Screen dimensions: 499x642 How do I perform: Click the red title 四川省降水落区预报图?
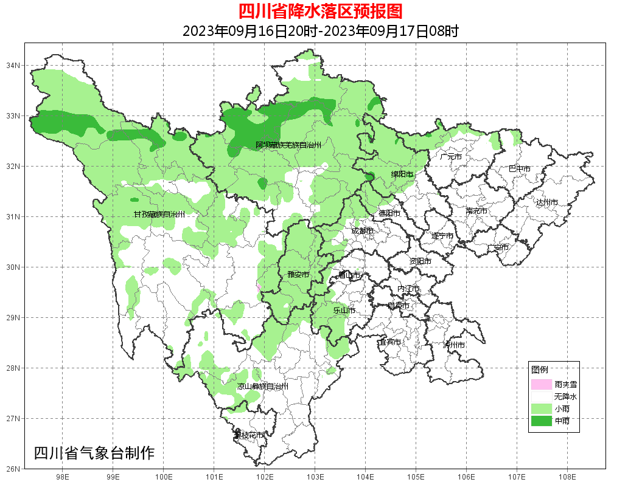[x=320, y=11]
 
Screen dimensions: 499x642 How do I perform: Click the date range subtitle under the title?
[x=320, y=31]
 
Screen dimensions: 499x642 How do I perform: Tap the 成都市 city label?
[x=363, y=231]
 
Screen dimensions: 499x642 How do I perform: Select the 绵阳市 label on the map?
[x=402, y=174]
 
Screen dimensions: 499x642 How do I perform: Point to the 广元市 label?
[x=451, y=157]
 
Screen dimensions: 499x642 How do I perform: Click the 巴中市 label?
[x=519, y=169]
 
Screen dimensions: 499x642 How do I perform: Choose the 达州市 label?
[x=546, y=202]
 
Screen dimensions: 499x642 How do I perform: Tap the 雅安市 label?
[x=298, y=275]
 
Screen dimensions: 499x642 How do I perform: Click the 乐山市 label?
[x=344, y=311]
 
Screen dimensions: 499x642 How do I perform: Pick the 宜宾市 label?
[x=389, y=342]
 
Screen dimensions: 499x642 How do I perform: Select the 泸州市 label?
[x=454, y=345]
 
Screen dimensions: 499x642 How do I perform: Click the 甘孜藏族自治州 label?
[x=159, y=215]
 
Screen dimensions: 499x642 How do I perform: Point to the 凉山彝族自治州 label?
[x=262, y=387]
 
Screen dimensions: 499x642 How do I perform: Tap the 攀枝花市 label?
[x=249, y=435]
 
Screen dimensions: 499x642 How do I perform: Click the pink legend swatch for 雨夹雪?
[x=540, y=385]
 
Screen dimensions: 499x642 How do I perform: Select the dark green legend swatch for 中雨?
[x=540, y=421]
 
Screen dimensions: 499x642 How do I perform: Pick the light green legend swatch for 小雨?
[x=540, y=408]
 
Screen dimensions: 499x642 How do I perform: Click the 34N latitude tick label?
[x=13, y=65]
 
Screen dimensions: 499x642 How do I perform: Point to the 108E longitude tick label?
[x=567, y=477]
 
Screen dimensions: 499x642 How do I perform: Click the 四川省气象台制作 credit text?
[x=94, y=453]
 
